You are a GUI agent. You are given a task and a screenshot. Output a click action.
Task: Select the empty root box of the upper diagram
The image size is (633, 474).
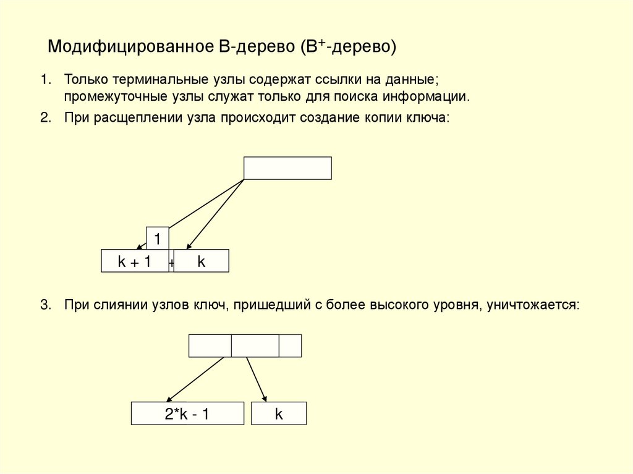pyautogui.click(x=287, y=168)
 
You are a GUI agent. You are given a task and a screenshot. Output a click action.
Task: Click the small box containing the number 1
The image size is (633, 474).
pyautogui.click(x=158, y=238)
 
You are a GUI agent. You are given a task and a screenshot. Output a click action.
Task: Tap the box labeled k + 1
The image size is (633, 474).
pyautogui.click(x=135, y=261)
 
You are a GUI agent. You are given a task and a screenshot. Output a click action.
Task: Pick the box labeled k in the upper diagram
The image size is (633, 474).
pyautogui.click(x=202, y=261)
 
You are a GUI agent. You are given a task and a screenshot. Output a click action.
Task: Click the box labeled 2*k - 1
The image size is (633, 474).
pyautogui.click(x=187, y=414)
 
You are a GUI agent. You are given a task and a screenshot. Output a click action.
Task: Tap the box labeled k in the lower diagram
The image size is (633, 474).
pyautogui.click(x=279, y=414)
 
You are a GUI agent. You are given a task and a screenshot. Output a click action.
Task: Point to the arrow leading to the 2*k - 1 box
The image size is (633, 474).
pyautogui.click(x=194, y=379)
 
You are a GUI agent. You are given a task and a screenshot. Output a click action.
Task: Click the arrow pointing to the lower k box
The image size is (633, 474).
pyautogui.click(x=257, y=379)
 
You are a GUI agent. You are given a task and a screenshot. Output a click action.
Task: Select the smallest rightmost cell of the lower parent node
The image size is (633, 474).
pyautogui.click(x=290, y=345)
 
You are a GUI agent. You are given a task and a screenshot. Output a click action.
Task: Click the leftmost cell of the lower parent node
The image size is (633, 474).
pyautogui.click(x=210, y=345)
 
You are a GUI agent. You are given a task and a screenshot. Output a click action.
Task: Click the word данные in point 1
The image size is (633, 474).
pyautogui.click(x=415, y=80)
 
